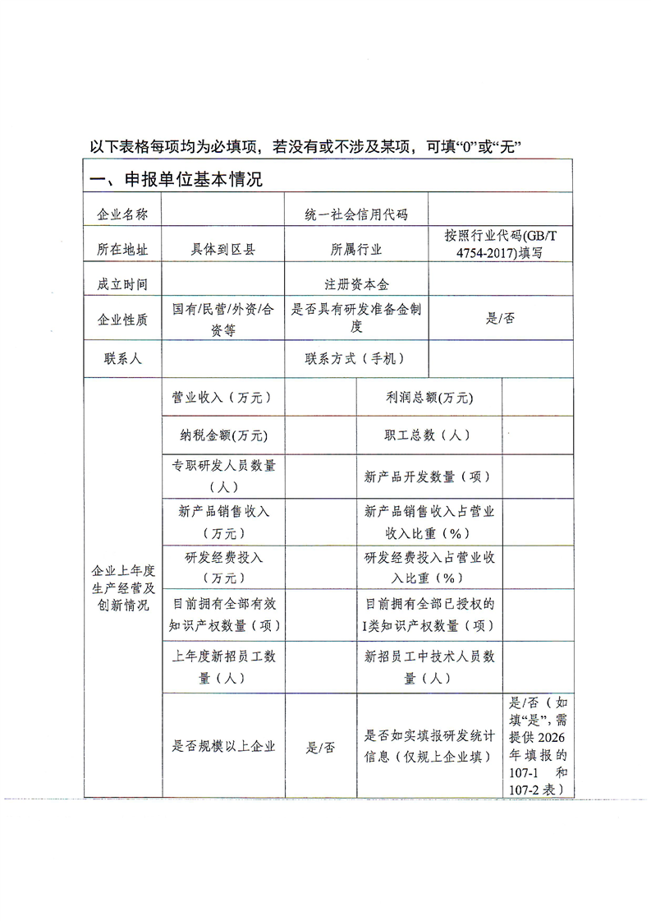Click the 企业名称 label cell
click(122, 215)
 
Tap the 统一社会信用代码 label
click(355, 215)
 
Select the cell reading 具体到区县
click(223, 250)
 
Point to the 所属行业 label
click(355, 250)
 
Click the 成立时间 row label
click(122, 284)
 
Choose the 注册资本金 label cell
click(355, 284)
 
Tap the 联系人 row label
click(122, 359)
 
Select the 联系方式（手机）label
click(355, 359)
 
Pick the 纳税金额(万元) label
click(222, 435)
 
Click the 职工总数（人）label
click(429, 435)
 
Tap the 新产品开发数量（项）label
click(429, 477)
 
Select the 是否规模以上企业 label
click(222, 747)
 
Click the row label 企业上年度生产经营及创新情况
click(122, 588)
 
